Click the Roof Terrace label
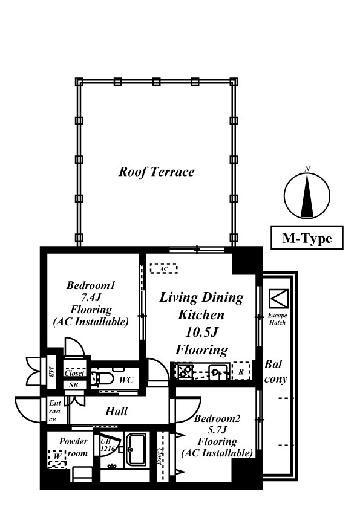pyautogui.click(x=156, y=172)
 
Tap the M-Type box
pyautogui.click(x=307, y=238)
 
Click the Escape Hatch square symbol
pyautogui.click(x=278, y=299)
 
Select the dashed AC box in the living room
pyautogui.click(x=164, y=269)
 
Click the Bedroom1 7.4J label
pyautogui.click(x=91, y=291)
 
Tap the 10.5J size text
pyautogui.click(x=201, y=332)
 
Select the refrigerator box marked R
pyautogui.click(x=241, y=371)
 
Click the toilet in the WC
pyautogui.click(x=102, y=378)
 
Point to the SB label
pyautogui.click(x=74, y=385)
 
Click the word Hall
pyautogui.click(x=116, y=412)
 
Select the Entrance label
pyautogui.click(x=55, y=411)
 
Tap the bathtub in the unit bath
pyautogui.click(x=137, y=450)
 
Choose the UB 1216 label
pyautogui.click(x=107, y=445)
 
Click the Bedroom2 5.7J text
pyautogui.click(x=217, y=424)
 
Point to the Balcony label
pyautogui.click(x=275, y=372)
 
